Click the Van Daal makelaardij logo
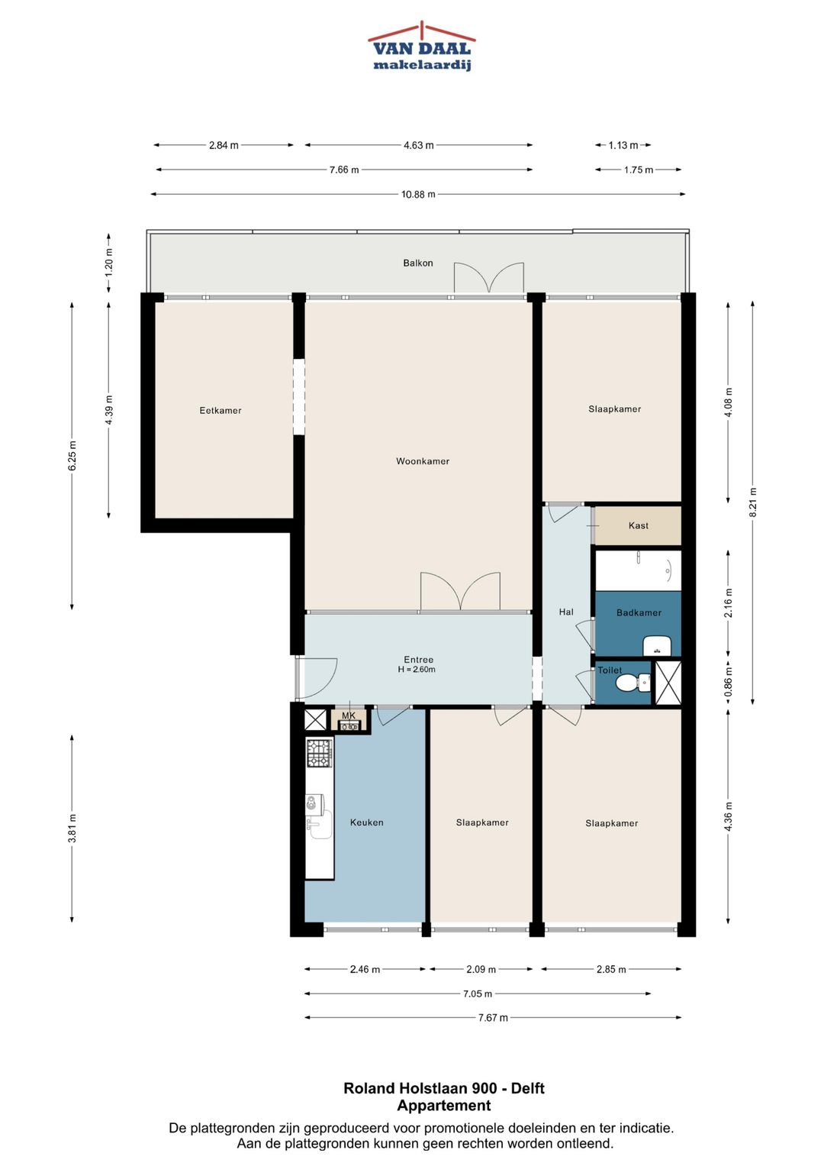tap(421, 46)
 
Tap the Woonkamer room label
tap(423, 461)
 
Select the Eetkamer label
tap(220, 410)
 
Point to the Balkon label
tap(418, 263)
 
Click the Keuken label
tap(367, 822)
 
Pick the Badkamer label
tap(639, 612)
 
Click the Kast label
tap(639, 525)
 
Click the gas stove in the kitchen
tap(320, 753)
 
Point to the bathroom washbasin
tap(658, 647)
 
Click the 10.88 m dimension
tap(418, 194)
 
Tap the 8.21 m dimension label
tap(753, 502)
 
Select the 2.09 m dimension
tap(481, 969)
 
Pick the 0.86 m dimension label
tap(728, 683)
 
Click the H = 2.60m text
tap(417, 670)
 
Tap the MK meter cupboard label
tap(349, 715)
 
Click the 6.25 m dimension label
tap(72, 455)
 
